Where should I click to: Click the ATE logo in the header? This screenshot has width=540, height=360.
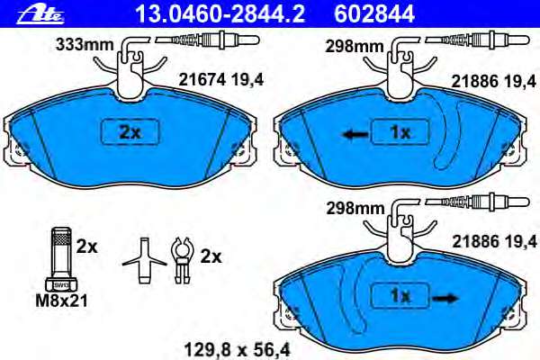[x=40, y=14]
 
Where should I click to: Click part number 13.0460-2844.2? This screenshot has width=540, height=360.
[x=220, y=13]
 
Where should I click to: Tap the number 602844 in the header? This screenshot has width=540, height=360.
[x=374, y=13]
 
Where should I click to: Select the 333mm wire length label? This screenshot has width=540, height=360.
[x=85, y=44]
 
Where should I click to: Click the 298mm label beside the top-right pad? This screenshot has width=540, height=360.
[x=355, y=46]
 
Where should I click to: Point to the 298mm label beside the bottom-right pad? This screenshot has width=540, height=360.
[x=355, y=208]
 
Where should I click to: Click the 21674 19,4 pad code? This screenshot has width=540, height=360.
[x=220, y=80]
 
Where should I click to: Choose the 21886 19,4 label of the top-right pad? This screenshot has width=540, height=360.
[x=494, y=82]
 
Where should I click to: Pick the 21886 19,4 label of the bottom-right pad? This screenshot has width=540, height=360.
[x=494, y=241]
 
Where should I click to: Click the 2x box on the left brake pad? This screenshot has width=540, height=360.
[x=130, y=131]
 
